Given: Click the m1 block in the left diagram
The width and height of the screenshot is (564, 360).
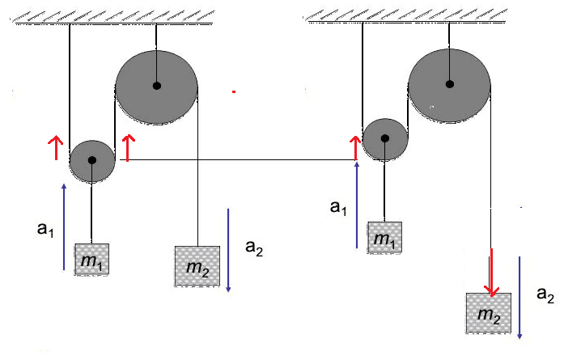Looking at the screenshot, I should [x=92, y=260].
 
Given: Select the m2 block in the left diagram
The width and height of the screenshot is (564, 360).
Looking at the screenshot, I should [x=197, y=265].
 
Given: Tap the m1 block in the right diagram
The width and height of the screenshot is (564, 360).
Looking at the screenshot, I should [x=384, y=238].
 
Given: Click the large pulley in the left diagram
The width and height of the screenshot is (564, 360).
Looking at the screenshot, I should [x=156, y=86].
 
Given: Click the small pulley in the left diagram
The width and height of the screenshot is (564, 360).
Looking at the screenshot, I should [x=92, y=160].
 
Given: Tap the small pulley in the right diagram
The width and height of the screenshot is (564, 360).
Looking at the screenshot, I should [x=384, y=138].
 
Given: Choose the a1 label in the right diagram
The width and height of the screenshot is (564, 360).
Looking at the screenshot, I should [x=339, y=206].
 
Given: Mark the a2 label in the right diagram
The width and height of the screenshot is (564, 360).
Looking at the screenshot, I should [x=545, y=296].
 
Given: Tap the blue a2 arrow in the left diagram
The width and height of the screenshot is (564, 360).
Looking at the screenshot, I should [x=230, y=251].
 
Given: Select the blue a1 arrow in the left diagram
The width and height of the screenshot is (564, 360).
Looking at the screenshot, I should [x=64, y=227].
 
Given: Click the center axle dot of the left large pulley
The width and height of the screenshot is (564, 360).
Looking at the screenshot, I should [x=156, y=86].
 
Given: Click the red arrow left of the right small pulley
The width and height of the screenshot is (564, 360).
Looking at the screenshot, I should [x=354, y=148].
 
